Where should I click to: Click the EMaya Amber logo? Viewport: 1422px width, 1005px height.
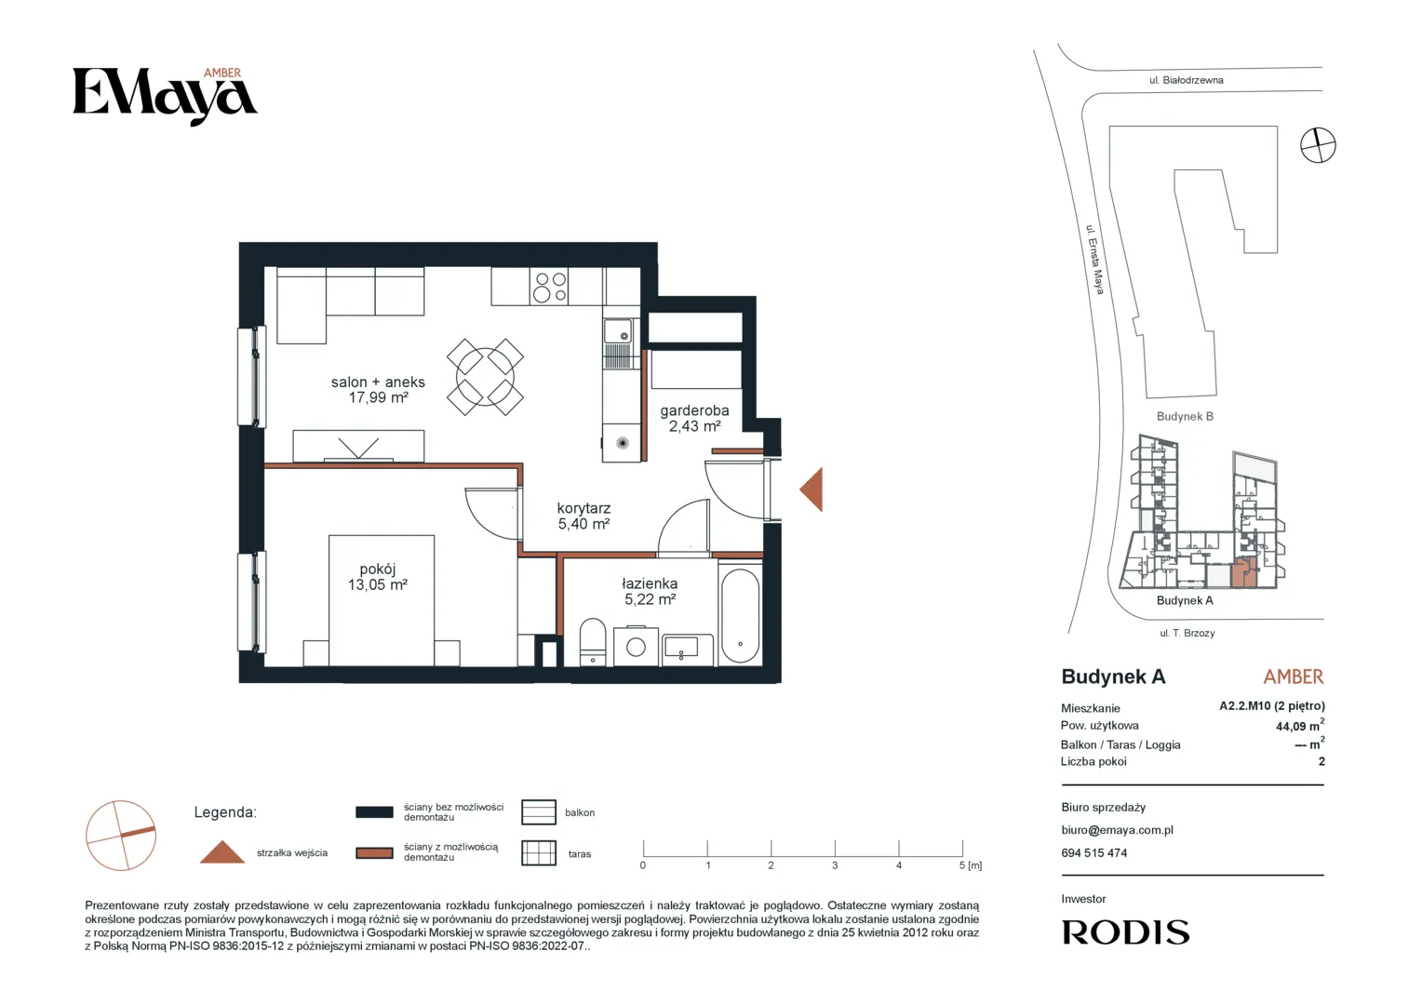[x=165, y=96]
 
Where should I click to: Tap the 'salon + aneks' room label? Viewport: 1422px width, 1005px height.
[x=378, y=382]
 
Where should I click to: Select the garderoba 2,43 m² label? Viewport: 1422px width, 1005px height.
[x=694, y=419]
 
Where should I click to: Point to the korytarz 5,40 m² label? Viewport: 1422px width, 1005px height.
[x=584, y=516]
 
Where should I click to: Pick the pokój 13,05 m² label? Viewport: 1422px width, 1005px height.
[x=378, y=577]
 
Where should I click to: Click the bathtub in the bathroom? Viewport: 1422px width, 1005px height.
[x=740, y=616]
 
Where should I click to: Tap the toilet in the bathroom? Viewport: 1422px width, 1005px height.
[x=593, y=642]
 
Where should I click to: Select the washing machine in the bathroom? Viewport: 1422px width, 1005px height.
[x=637, y=646]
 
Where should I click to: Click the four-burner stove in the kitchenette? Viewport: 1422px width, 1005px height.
[x=550, y=287]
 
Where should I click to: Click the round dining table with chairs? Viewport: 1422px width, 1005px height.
[x=485, y=377]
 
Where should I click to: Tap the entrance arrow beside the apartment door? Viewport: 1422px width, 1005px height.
[x=812, y=489]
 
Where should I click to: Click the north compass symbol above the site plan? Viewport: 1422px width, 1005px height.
[x=1318, y=145]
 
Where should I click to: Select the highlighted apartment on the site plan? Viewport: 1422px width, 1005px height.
[x=1244, y=574]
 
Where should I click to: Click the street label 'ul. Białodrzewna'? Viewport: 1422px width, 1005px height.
[x=1186, y=81]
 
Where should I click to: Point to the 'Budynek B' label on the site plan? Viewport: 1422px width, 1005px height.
[x=1185, y=417]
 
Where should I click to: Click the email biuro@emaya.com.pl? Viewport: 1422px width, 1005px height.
[x=1118, y=830]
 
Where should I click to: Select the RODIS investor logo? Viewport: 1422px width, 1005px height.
[x=1125, y=932]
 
